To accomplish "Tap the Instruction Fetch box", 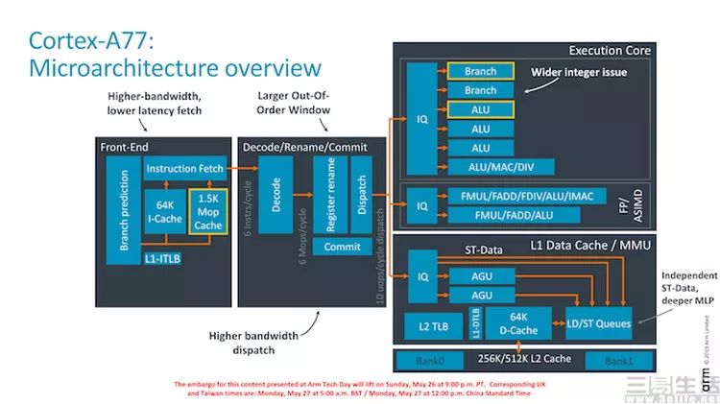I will [183, 169].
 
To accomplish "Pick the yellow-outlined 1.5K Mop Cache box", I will [207, 212].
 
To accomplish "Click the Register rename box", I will [331, 196].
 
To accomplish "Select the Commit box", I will [341, 247].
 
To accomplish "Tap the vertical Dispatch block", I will [360, 196].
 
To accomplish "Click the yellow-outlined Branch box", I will [480, 71].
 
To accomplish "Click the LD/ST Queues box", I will [599, 323].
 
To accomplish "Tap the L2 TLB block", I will [432, 326].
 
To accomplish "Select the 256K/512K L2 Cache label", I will [522, 360].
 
